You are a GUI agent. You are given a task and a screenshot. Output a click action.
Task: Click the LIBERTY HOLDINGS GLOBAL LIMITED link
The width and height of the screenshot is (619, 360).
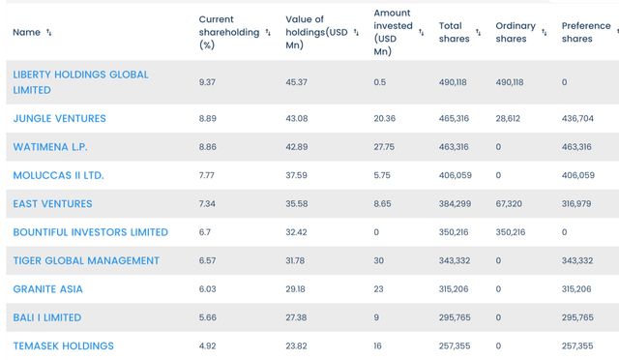pos(80,82)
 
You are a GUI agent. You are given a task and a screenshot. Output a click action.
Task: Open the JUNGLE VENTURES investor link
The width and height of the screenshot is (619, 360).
pos(59,119)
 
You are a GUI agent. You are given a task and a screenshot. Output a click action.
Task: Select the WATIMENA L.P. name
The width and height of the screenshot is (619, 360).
pos(50,147)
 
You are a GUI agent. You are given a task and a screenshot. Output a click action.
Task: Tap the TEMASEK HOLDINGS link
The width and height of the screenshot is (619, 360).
pos(63,346)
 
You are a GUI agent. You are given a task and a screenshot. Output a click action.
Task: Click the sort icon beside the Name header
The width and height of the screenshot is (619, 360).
pos(49,32)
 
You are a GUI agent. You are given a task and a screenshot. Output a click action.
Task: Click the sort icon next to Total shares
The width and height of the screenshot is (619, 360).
pos(478,32)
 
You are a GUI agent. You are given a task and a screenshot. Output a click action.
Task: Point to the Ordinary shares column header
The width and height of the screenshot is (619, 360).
pos(516,32)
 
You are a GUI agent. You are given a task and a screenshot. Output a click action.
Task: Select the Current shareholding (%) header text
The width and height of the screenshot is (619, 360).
pos(229,32)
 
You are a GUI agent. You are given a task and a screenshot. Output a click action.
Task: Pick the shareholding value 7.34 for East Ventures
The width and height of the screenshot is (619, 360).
pos(207,204)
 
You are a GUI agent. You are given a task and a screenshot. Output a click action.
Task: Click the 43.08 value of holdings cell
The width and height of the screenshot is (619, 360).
pos(297,119)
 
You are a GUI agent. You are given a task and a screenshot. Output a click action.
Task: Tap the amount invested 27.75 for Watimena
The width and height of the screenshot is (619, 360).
pos(384,147)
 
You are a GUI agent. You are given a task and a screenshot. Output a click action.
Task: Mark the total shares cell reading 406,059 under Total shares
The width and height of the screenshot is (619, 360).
pos(456,175)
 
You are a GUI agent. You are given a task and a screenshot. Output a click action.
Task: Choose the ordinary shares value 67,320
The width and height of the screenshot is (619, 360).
pos(509,204)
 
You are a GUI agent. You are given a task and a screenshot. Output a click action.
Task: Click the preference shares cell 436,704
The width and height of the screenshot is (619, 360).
pos(577,119)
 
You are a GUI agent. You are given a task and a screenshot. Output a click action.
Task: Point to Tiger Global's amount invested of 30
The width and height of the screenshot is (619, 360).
pos(378,261)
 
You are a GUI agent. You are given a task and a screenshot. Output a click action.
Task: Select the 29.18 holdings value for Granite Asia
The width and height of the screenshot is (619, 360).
pos(295,289)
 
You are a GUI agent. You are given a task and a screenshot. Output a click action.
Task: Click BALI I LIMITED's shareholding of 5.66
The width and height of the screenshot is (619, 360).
pos(208,317)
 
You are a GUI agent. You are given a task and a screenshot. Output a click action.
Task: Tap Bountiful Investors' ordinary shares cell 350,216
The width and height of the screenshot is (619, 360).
pos(511,232)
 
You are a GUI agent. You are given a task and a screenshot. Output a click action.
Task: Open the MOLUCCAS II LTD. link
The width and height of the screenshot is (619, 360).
pos(58,175)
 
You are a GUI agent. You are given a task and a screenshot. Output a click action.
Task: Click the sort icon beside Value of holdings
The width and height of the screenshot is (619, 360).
pos(356,32)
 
